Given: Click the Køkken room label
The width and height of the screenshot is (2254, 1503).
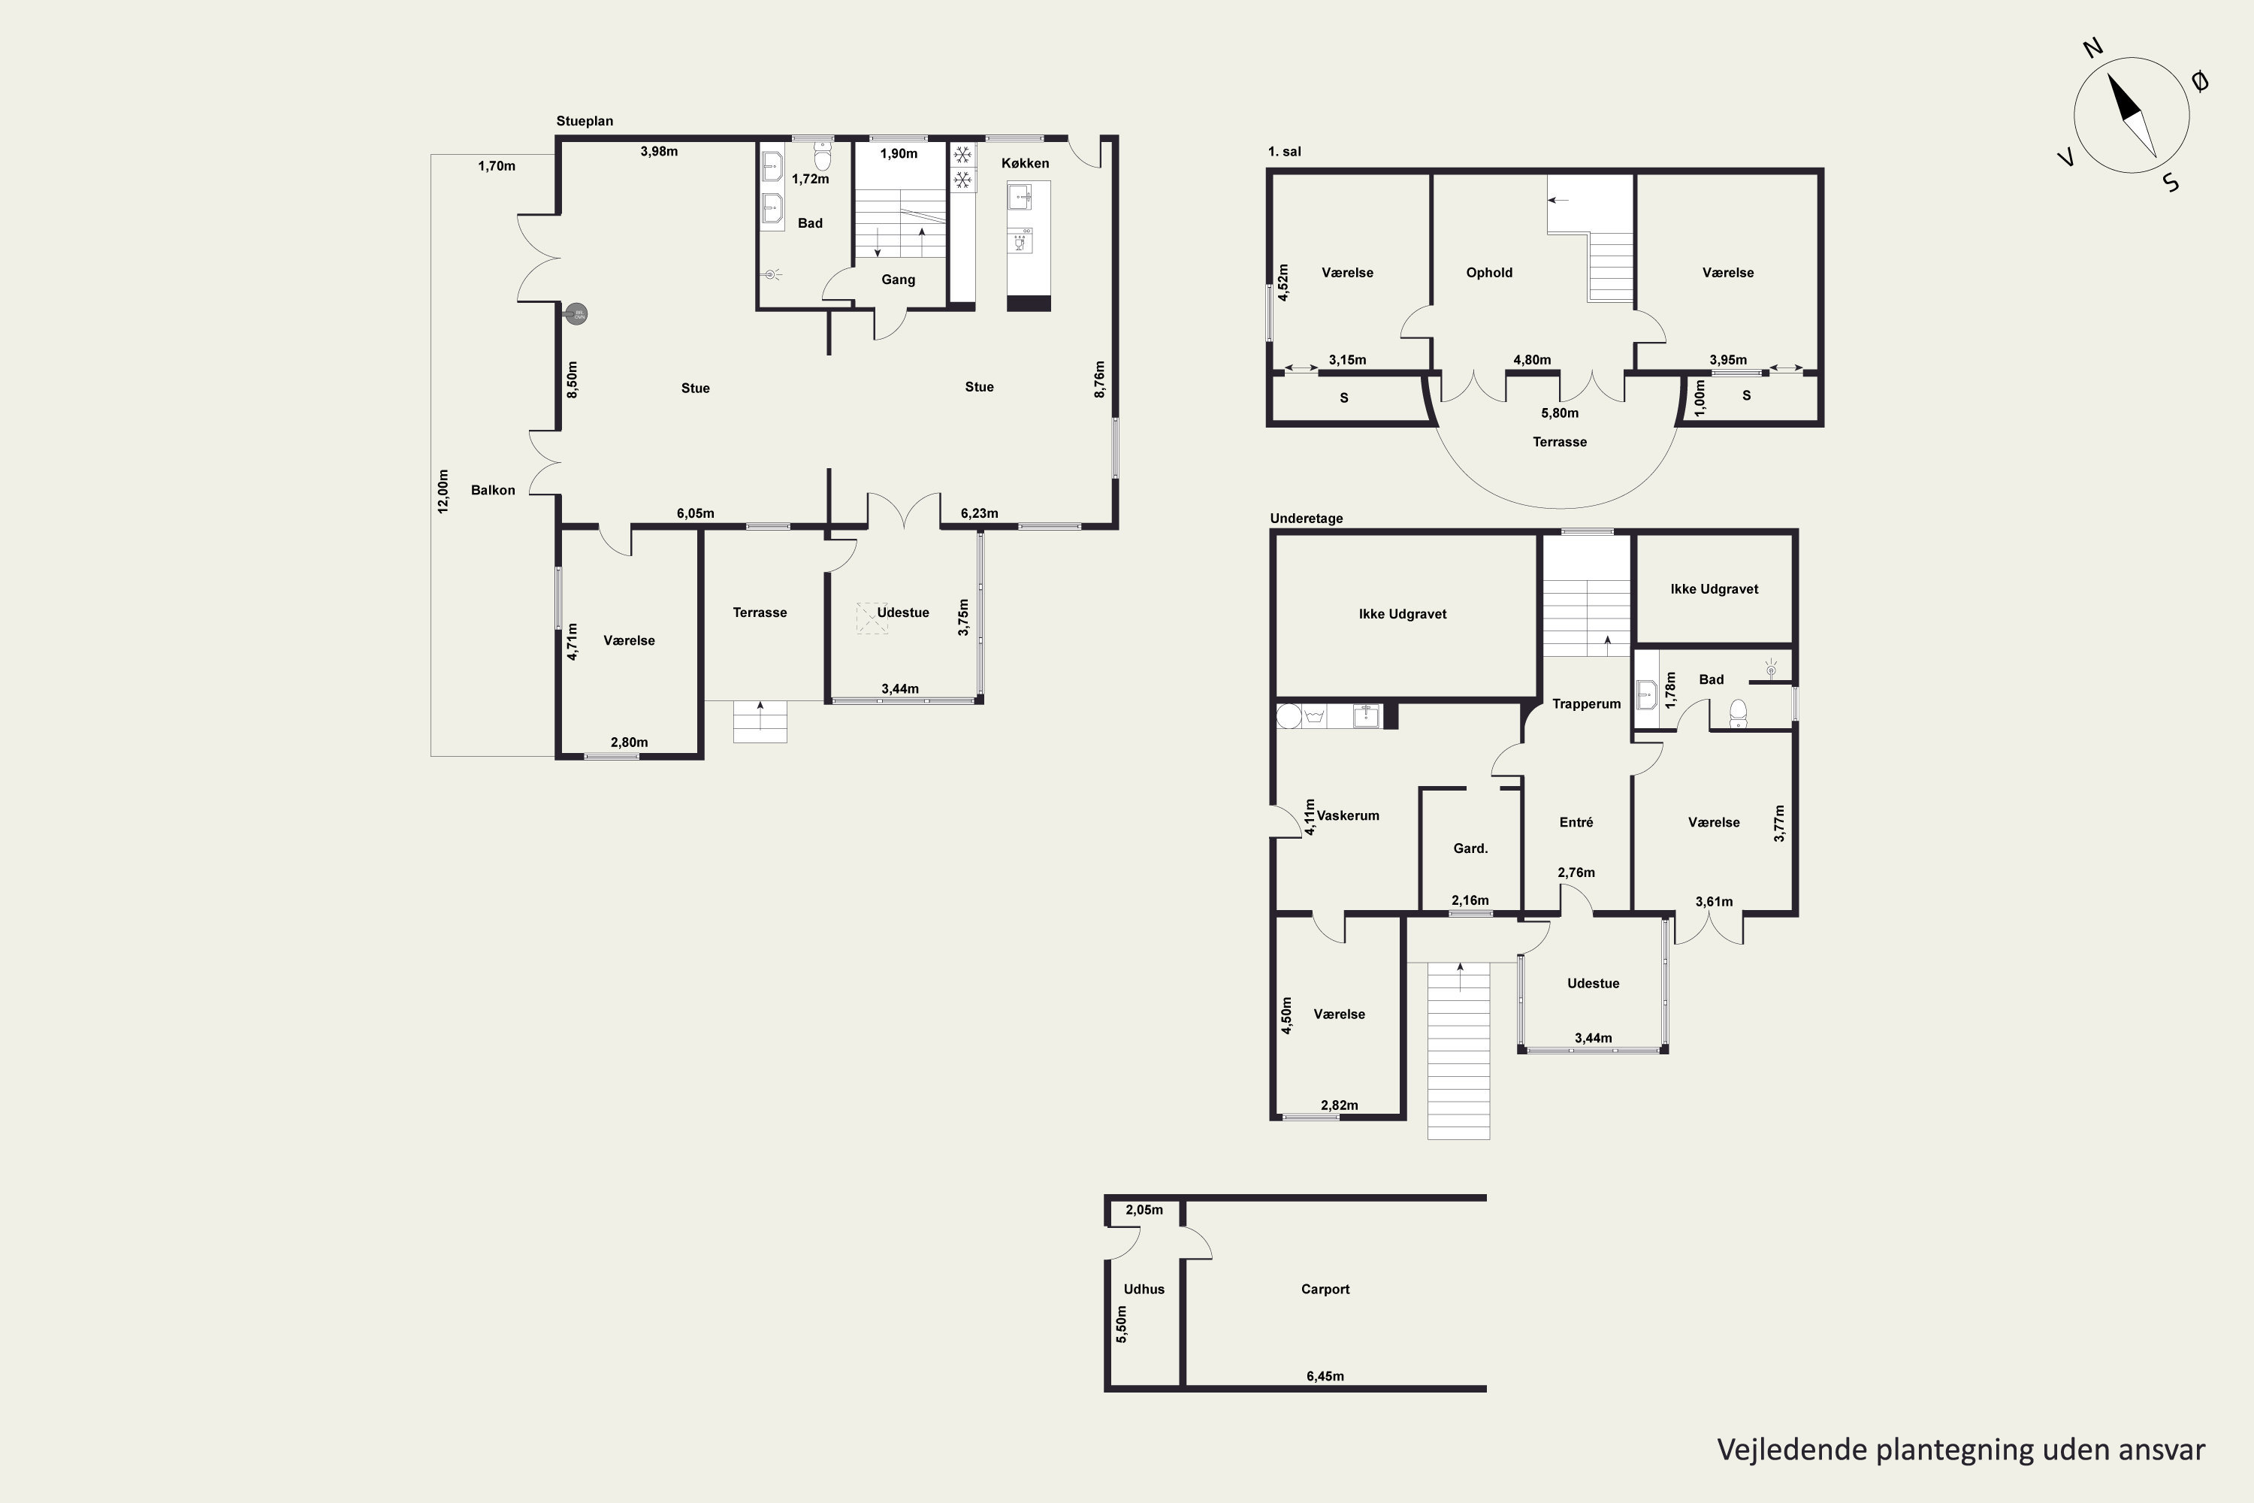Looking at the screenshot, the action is pos(1025,164).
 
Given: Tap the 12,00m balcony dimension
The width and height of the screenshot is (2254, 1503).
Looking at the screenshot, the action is pos(443,491).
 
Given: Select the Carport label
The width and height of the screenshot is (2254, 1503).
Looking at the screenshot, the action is pos(1325,1290).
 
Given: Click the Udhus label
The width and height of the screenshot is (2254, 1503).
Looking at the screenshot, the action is pos(1144,1290).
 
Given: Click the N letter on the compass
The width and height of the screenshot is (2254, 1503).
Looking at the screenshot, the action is pos(2093,74).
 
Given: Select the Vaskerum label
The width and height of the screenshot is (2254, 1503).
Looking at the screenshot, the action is pos(1347,815).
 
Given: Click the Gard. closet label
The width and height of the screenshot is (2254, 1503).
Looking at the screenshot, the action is pos(1470,848).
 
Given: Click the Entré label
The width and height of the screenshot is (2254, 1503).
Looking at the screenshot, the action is pos(1576,822).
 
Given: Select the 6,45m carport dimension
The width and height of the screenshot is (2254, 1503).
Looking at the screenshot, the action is pos(1325,1377).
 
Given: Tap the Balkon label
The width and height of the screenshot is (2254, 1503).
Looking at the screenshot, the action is pos(493,491).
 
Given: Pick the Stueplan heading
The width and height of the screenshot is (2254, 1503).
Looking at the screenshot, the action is pos(585,122).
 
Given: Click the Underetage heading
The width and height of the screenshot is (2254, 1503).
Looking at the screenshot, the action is pos(1307,519).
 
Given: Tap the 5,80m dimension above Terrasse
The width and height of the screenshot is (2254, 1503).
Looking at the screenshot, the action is pos(1559,413).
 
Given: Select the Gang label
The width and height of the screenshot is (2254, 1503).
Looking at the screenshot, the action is pos(898,280).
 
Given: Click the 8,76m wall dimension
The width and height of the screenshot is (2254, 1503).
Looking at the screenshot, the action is pos(1100,379).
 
